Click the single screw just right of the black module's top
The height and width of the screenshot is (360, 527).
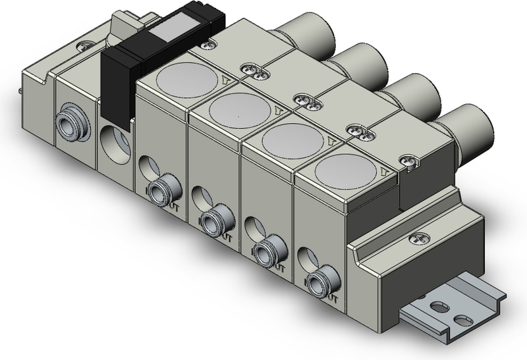209,45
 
